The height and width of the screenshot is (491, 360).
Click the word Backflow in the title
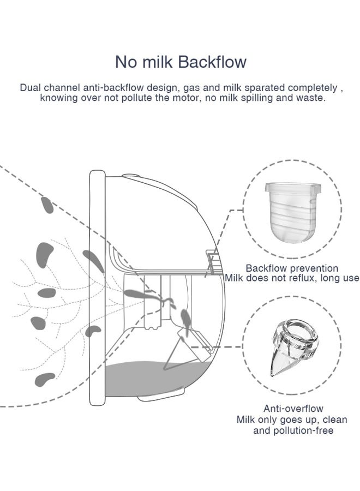tap(213, 62)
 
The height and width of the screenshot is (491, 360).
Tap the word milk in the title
tap(157, 62)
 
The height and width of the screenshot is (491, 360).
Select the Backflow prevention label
tap(292, 268)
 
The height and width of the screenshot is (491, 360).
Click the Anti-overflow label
tap(293, 408)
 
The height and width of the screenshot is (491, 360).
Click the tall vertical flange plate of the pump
tap(97, 288)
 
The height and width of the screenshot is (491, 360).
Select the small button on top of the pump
tap(131, 175)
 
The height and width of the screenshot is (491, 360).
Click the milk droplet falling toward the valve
tap(185, 321)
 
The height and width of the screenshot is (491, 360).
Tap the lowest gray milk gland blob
tap(45, 379)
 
